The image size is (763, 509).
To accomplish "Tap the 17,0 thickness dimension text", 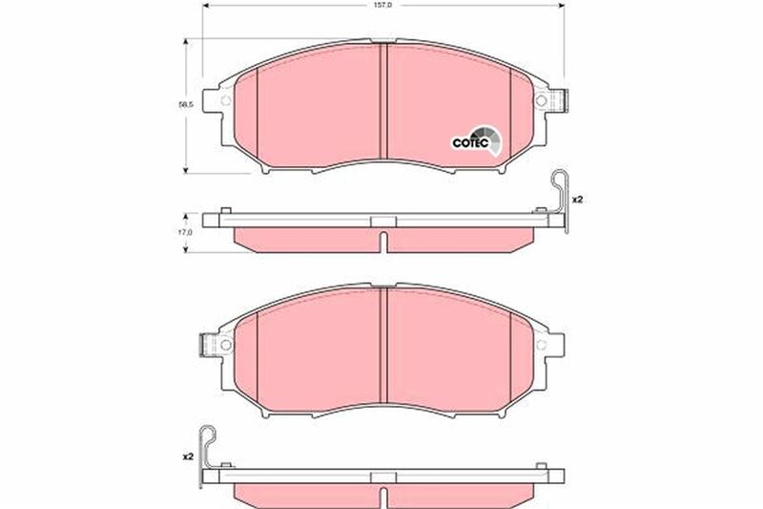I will pyautogui.click(x=186, y=232).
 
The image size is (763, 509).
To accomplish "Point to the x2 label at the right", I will pyautogui.click(x=577, y=201).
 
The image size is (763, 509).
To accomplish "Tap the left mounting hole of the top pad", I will pyautogui.click(x=225, y=100).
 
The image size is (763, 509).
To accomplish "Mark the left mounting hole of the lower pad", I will pyautogui.click(x=225, y=344).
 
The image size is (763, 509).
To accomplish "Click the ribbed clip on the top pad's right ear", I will pyautogui.click(x=561, y=100).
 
